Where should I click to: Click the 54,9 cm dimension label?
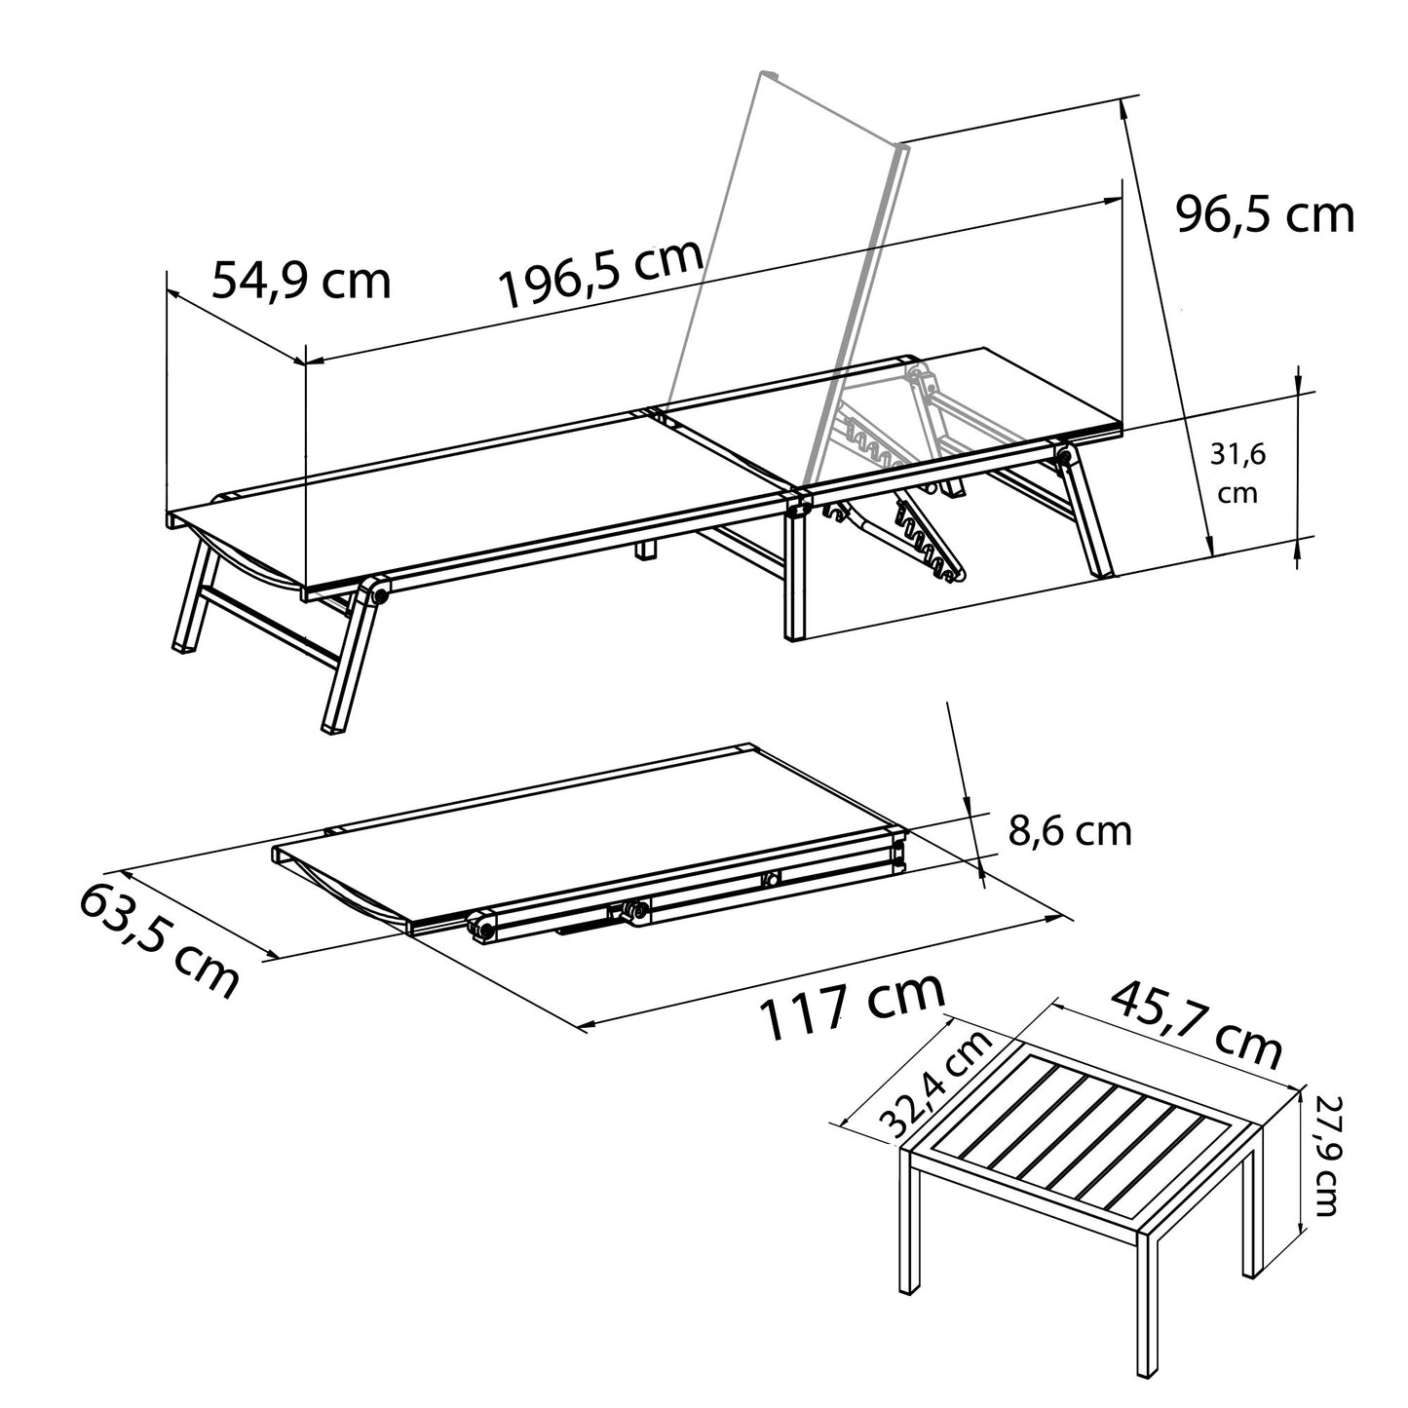click(x=301, y=281)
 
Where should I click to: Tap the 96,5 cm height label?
click(x=1265, y=214)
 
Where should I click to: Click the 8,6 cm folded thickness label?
click(x=1069, y=831)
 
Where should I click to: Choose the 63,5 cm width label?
click(x=159, y=941)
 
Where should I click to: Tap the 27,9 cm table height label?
click(x=1326, y=1155)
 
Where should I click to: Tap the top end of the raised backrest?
click(x=770, y=75)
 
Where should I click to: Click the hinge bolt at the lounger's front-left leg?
click(x=376, y=592)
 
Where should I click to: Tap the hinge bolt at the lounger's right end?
click(x=1062, y=455)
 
